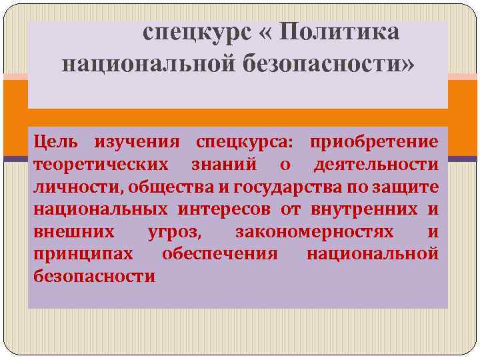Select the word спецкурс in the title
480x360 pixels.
click(187, 31)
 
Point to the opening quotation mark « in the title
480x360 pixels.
click(259, 31)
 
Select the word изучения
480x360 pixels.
click(137, 142)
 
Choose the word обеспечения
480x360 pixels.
click(220, 254)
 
